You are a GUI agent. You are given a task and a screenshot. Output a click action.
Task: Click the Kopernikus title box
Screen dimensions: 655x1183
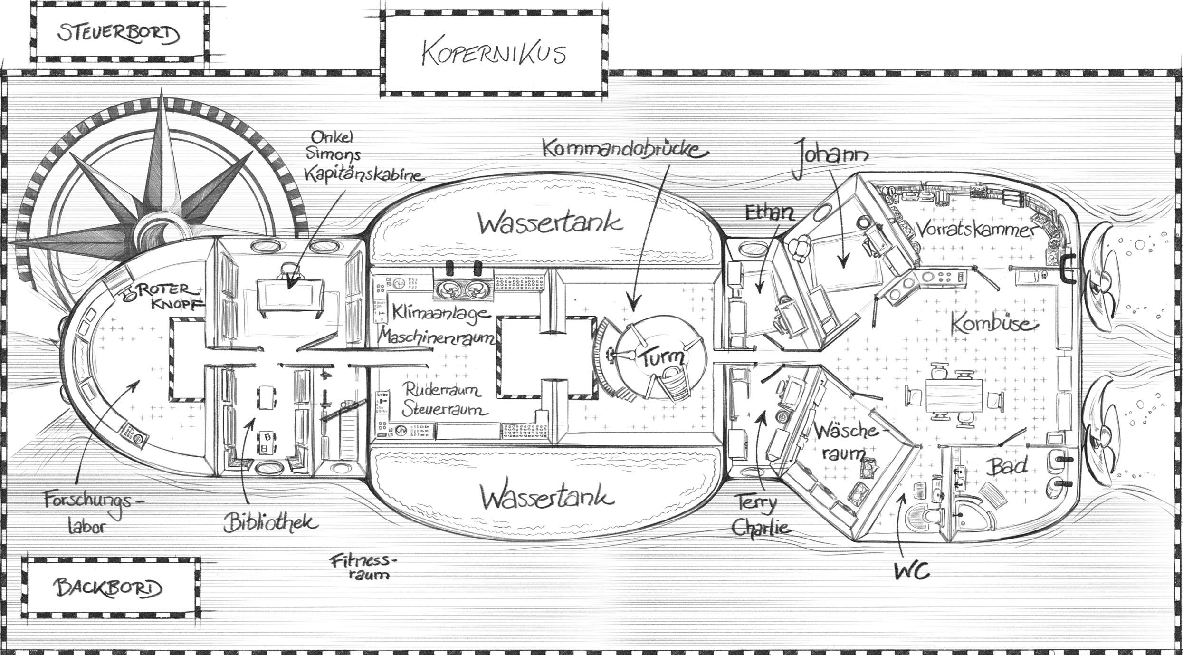(x=494, y=53)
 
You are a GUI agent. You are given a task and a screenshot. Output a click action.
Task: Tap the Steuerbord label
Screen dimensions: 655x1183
(x=119, y=35)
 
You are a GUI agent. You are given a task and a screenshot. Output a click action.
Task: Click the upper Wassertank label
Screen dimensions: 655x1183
(x=550, y=222)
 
